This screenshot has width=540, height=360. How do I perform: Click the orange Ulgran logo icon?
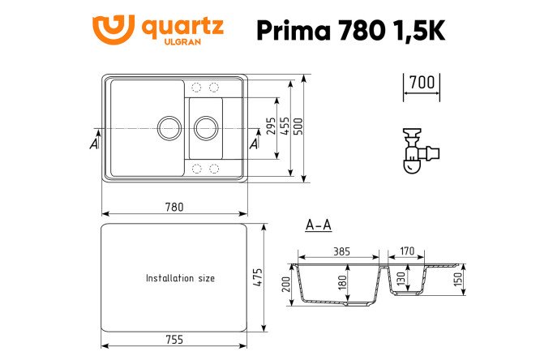(x=113, y=30)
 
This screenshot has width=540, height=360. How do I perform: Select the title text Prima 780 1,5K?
(x=350, y=30)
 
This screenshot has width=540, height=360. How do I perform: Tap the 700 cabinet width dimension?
(x=422, y=83)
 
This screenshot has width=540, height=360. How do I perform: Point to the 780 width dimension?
(x=174, y=207)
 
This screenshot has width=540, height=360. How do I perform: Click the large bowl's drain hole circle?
(x=167, y=127)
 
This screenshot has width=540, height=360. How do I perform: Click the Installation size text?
(x=180, y=278)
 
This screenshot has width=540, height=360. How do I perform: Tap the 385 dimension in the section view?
(x=341, y=251)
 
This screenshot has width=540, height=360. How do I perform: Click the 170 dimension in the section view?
(x=407, y=251)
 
